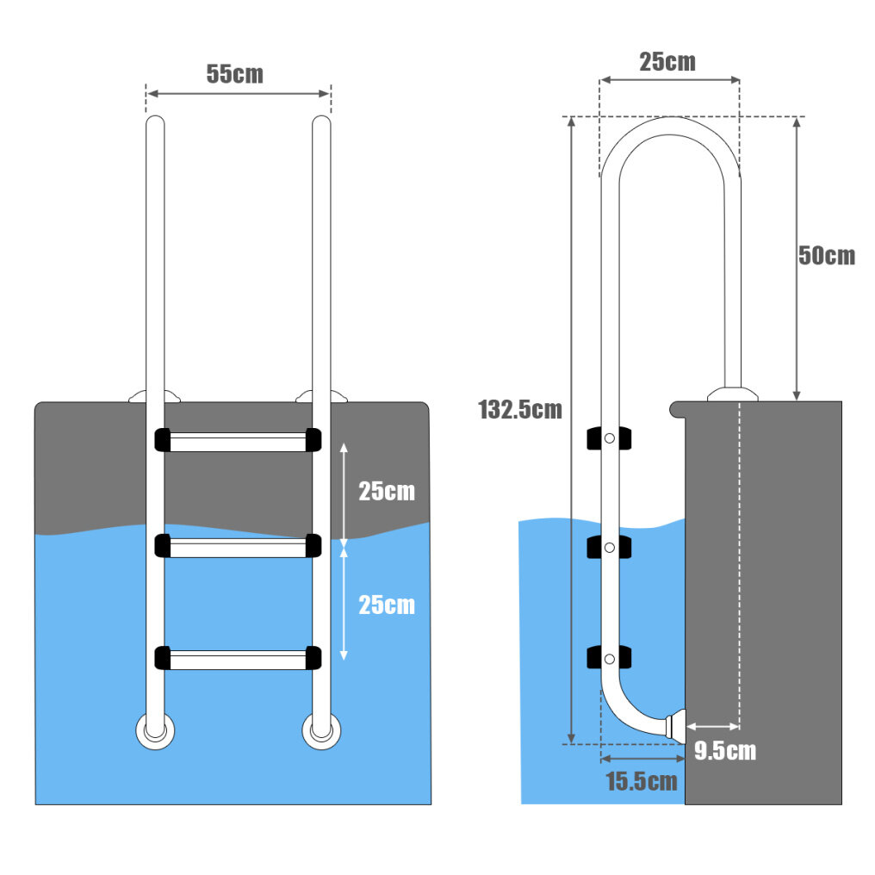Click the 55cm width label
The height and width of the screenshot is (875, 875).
click(x=234, y=73)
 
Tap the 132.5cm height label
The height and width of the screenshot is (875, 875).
click(x=519, y=410)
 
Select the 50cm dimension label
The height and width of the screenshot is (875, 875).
click(x=826, y=256)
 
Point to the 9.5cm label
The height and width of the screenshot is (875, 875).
click(x=724, y=751)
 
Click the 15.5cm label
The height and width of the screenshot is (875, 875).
click(x=641, y=782)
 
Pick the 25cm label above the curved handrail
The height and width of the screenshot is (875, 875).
click(x=667, y=62)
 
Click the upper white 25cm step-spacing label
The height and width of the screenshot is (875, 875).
click(x=387, y=492)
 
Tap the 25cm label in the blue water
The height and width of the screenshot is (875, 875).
click(x=387, y=605)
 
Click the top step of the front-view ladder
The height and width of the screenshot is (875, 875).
click(x=238, y=441)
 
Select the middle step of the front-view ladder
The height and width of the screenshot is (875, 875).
click(x=238, y=547)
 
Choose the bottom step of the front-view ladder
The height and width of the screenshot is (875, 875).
click(x=238, y=659)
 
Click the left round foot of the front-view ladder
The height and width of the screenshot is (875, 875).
click(x=154, y=732)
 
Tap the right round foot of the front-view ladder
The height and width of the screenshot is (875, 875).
click(x=320, y=732)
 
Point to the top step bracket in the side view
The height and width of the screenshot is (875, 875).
click(x=610, y=438)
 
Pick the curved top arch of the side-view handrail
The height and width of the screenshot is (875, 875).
click(x=670, y=128)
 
